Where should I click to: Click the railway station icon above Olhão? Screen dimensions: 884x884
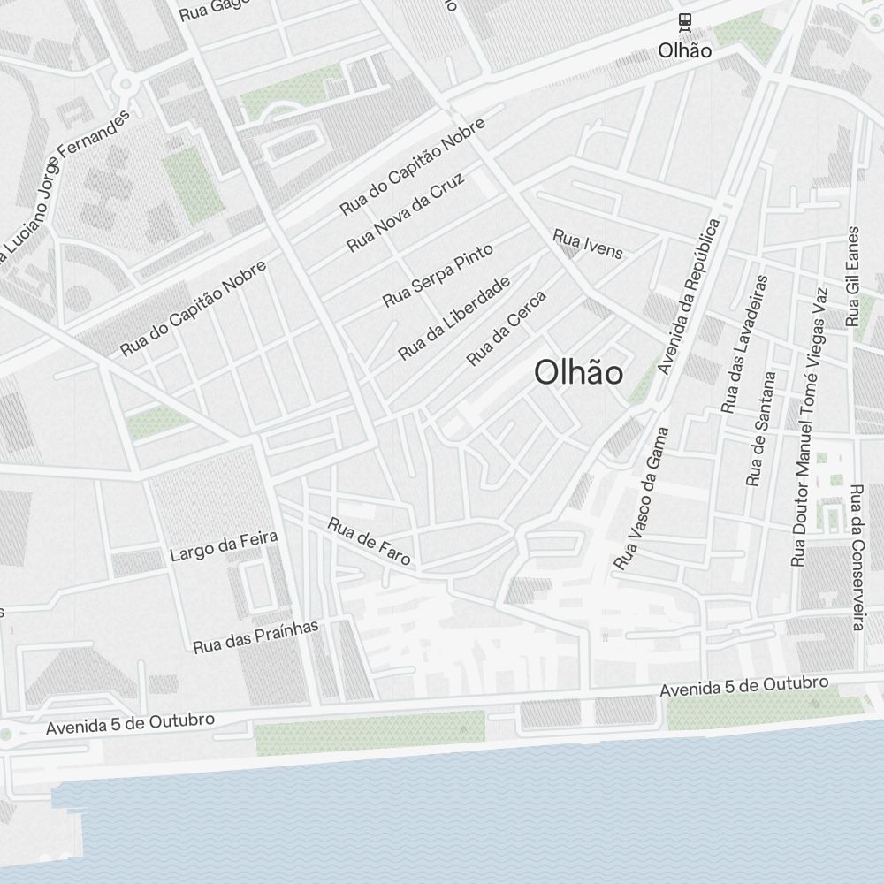pyautogui.click(x=684, y=21)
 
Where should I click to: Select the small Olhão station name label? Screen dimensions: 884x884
pyautogui.click(x=684, y=51)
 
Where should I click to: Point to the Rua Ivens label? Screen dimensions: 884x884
pyautogui.click(x=588, y=245)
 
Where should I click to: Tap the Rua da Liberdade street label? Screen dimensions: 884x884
pyautogui.click(x=454, y=318)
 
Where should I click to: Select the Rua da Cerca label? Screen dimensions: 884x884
pyautogui.click(x=507, y=328)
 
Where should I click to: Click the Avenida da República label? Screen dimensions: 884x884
pyautogui.click(x=690, y=295)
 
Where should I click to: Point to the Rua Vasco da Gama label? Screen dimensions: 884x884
pyautogui.click(x=642, y=498)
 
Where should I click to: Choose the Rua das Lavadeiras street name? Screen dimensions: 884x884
pyautogui.click(x=744, y=343)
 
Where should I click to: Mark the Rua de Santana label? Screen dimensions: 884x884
pyautogui.click(x=761, y=429)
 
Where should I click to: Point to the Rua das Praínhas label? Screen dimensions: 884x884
pyautogui.click(x=255, y=636)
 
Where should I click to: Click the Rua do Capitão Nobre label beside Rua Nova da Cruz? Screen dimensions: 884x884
pyautogui.click(x=413, y=165)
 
